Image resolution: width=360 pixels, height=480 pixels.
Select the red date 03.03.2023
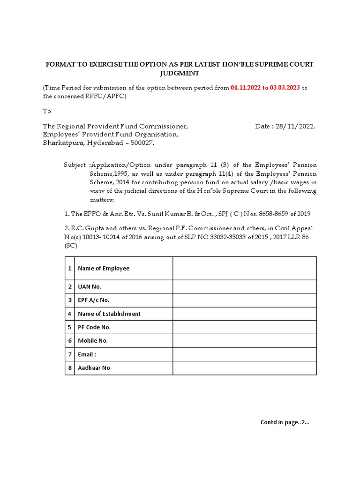click(283, 88)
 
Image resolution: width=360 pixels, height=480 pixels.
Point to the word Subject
click(75, 165)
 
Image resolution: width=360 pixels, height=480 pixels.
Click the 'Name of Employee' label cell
click(104, 268)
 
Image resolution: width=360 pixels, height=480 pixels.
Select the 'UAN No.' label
click(90, 286)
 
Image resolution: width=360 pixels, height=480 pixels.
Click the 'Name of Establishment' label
click(109, 314)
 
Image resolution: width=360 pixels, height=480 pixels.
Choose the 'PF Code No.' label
click(94, 327)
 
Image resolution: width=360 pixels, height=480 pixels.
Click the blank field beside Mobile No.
click(244, 341)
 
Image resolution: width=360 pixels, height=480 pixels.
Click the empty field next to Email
click(244, 354)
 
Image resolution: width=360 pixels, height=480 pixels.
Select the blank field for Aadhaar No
click(244, 368)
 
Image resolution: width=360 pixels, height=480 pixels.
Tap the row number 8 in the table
click(70, 368)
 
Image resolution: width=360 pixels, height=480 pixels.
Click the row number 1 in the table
click(70, 268)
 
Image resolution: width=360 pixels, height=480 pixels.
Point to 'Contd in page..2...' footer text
click(285, 422)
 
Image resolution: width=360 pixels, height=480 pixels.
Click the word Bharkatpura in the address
click(62, 143)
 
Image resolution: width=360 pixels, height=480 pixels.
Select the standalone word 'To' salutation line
click(47, 112)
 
